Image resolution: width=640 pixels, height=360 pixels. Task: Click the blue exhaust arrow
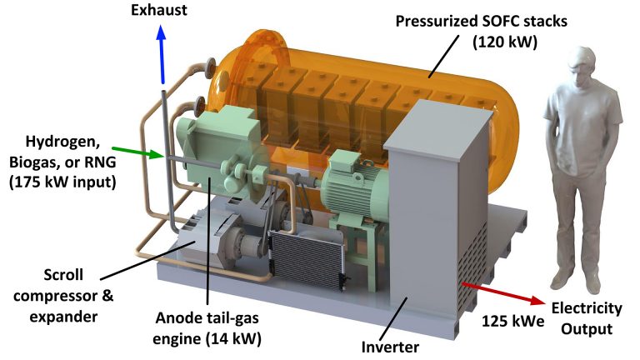[162, 54]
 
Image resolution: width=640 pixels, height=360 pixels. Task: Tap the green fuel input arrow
[137, 152]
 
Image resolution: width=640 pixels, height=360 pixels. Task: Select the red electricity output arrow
[504, 292]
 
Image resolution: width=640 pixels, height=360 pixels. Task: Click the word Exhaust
[159, 10]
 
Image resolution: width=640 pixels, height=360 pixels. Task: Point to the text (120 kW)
[505, 42]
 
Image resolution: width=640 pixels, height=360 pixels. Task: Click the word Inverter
[390, 347]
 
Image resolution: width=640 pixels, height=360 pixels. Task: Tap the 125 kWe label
[512, 321]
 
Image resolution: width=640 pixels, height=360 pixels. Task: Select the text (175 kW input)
[62, 182]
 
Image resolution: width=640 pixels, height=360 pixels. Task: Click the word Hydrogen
[62, 142]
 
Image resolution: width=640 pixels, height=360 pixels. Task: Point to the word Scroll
[63, 275]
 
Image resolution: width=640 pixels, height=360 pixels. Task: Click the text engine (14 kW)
[207, 338]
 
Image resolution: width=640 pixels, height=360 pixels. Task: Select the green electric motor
[354, 183]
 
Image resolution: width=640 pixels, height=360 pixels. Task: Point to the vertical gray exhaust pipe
[168, 159]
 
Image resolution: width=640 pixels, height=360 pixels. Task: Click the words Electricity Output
[587, 318]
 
